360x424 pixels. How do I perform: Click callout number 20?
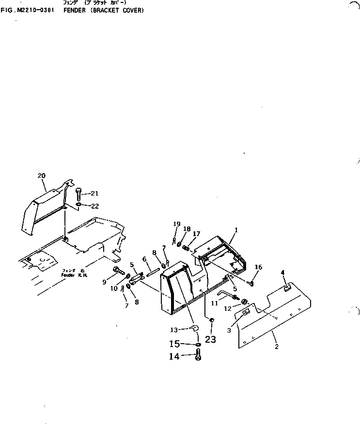41,176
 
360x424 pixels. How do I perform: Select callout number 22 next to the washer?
94,206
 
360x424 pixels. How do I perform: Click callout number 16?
258,267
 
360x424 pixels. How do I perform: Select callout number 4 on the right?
283,273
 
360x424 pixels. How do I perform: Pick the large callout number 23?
210,339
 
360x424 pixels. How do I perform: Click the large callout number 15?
174,344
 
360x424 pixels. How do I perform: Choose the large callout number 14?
174,357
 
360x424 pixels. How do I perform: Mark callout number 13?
174,330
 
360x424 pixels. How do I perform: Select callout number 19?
176,224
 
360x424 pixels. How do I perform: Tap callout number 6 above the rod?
144,259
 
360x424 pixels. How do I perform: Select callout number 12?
227,308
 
